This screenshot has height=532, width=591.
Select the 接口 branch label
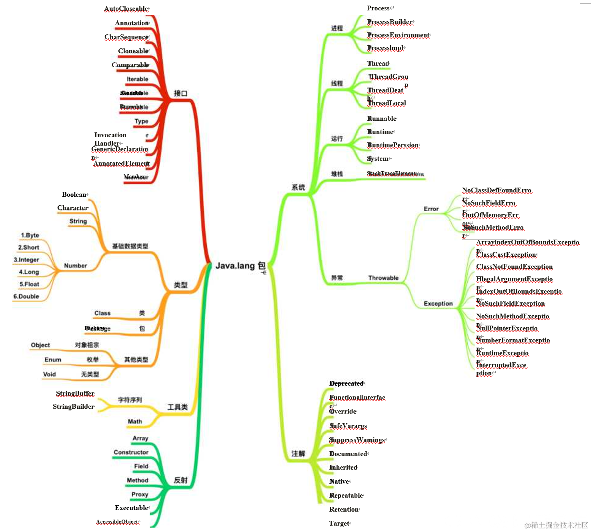180,93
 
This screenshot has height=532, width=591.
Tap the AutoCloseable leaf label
126,9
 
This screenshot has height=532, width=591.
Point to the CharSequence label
126,37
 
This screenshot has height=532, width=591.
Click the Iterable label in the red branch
137,79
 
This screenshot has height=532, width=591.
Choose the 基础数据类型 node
130,246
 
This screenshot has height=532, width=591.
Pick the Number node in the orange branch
75,266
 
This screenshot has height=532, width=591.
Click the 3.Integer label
26,260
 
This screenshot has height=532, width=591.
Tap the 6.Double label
26,296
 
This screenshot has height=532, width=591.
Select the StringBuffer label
75,394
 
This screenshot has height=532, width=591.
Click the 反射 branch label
180,480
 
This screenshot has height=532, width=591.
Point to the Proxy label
140,494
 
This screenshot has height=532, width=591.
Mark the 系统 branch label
298,187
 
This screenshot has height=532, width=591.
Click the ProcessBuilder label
390,22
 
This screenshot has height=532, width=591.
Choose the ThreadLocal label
387,103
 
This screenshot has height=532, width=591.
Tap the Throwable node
383,278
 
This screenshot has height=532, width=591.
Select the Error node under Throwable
431,209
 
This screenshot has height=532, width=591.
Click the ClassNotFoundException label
514,267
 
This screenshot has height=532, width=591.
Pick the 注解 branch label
298,454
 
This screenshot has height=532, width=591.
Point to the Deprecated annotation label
347,384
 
